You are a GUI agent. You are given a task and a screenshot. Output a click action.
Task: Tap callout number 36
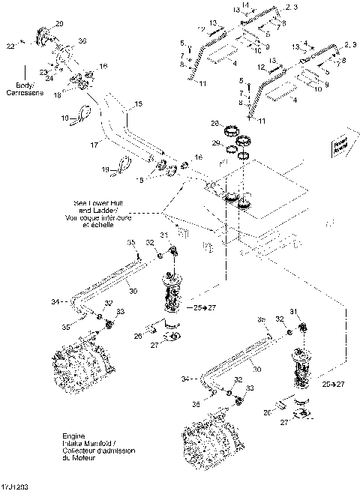(x=82, y=40)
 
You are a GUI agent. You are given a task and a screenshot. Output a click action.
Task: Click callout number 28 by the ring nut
(x=214, y=123)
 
